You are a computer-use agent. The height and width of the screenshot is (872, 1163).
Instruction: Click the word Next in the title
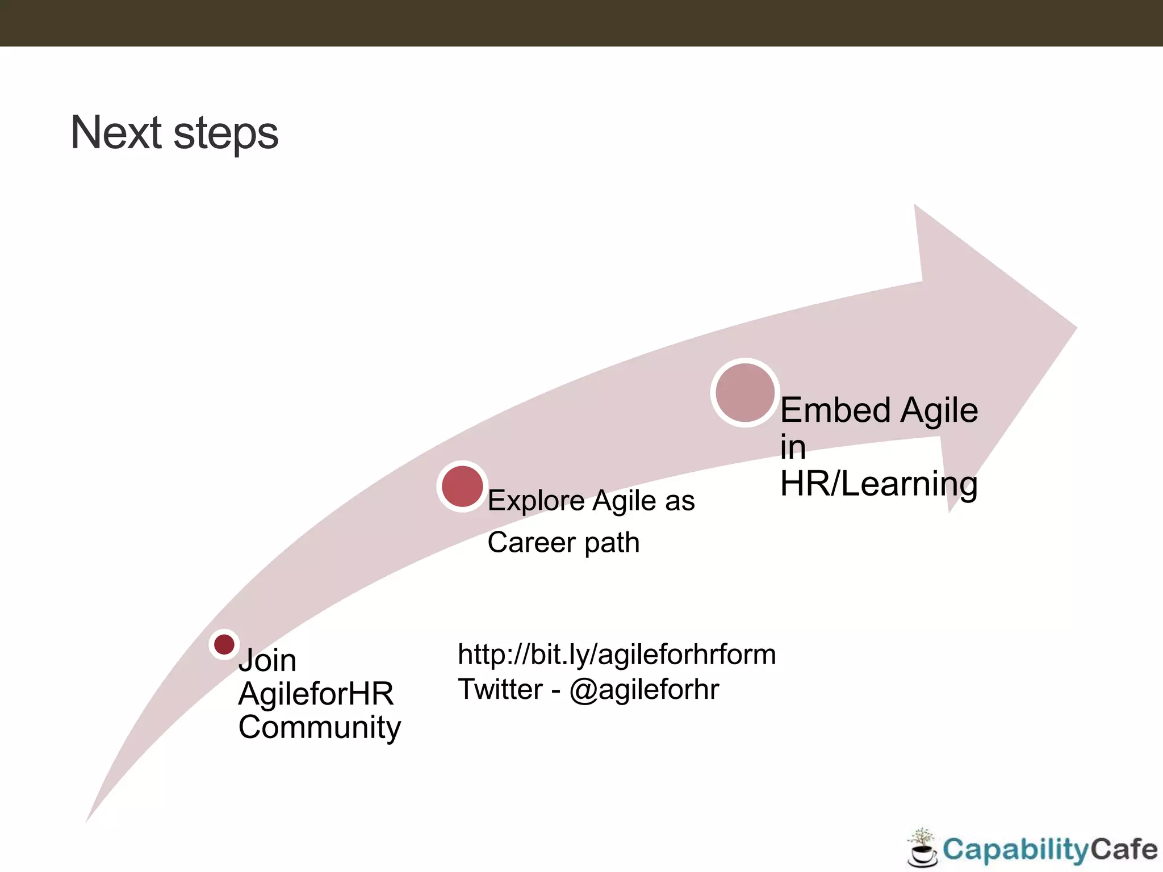click(116, 132)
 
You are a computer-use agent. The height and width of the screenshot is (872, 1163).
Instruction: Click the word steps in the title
click(225, 135)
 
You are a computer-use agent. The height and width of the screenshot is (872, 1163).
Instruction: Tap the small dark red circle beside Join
click(224, 644)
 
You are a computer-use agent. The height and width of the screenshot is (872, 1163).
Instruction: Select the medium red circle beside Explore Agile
click(462, 487)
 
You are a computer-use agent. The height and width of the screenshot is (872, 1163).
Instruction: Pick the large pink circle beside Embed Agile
click(744, 393)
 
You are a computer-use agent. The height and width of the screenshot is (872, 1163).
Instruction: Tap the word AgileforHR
click(316, 694)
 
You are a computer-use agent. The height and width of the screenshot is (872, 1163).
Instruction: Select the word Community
click(319, 727)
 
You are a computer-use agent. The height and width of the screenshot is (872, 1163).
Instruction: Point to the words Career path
click(563, 542)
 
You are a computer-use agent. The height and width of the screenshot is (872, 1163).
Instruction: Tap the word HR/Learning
click(878, 484)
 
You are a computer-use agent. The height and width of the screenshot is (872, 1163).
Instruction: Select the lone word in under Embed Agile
click(793, 447)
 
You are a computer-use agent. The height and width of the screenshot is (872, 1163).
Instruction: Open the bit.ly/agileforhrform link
click(617, 655)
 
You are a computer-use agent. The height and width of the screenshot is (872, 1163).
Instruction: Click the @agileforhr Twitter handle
click(644, 689)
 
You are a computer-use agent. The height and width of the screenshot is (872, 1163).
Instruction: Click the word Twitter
click(500, 689)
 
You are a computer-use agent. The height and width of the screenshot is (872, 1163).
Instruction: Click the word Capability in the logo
click(1015, 850)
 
